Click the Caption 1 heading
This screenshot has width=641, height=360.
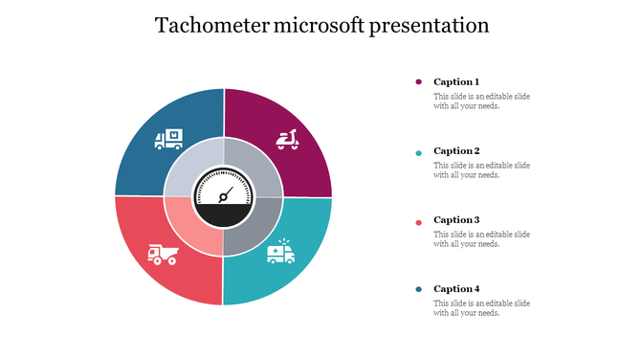tap(456, 82)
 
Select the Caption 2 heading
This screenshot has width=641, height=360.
tap(456, 151)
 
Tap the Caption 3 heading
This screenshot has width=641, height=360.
tap(456, 220)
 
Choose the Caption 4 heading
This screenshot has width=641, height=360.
tap(456, 289)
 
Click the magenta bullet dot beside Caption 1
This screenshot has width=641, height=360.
tap(418, 82)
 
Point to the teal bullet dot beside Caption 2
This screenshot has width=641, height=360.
tap(418, 151)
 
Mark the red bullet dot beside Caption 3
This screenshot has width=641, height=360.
tap(418, 220)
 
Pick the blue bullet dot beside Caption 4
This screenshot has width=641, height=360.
tap(418, 289)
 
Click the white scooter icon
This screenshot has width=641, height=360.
tap(286, 140)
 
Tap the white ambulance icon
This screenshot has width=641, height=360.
tap(281, 252)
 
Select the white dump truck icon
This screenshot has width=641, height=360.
tap(163, 254)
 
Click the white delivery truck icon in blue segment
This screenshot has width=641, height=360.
tap(169, 140)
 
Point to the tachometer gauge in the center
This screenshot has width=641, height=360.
tap(224, 197)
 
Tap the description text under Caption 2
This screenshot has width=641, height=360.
tap(481, 170)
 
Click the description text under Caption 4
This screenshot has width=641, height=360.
tap(481, 308)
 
